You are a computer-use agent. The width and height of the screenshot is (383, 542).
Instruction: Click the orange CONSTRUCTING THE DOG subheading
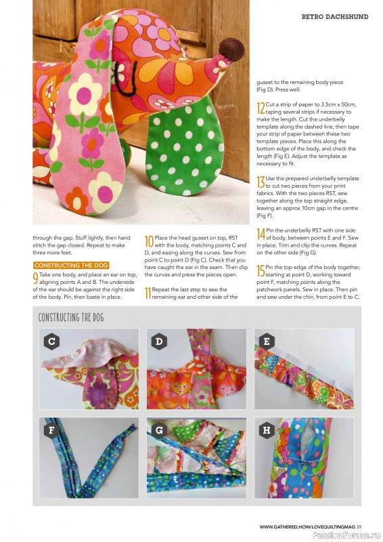(x=71, y=265)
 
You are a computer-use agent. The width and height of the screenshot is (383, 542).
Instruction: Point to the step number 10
(x=149, y=243)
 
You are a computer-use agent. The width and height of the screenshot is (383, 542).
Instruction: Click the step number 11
(x=148, y=293)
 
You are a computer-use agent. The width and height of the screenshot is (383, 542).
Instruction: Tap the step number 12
(x=261, y=108)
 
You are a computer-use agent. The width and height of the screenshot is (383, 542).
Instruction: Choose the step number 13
(x=261, y=182)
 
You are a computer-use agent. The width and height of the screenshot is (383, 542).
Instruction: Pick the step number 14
(x=261, y=234)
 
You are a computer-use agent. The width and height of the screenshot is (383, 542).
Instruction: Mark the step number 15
(x=261, y=272)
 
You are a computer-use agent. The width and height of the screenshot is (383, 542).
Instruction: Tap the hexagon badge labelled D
(x=159, y=341)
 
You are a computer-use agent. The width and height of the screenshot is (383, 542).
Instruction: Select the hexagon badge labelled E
(x=267, y=341)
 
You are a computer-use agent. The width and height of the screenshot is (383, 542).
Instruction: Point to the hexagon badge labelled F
(x=51, y=430)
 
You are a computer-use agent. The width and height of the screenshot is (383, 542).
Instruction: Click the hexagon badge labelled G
(x=159, y=430)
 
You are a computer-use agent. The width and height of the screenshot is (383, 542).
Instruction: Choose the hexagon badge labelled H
(x=267, y=430)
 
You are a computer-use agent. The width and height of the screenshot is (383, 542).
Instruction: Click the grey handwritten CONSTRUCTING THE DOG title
(x=71, y=317)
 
